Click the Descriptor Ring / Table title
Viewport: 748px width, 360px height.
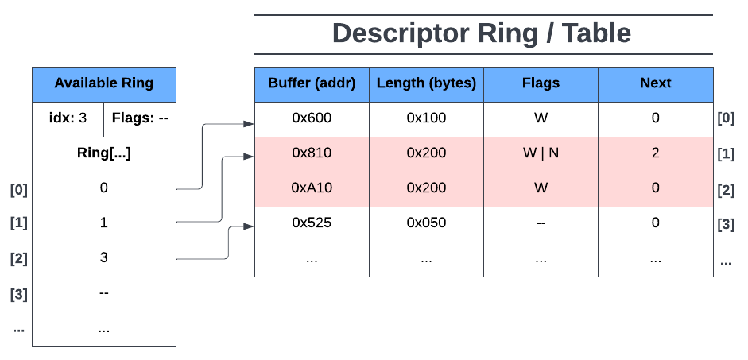click(482, 33)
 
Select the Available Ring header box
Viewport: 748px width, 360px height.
click(103, 83)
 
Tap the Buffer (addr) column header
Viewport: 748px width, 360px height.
click(312, 83)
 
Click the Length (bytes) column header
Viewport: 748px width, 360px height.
click(426, 83)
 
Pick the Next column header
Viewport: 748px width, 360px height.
click(655, 83)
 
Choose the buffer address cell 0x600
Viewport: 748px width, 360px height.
click(312, 118)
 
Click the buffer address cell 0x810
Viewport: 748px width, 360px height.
click(312, 153)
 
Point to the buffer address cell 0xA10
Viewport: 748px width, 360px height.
click(312, 188)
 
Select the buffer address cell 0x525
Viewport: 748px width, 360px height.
click(312, 223)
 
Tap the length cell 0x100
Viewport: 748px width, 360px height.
click(426, 118)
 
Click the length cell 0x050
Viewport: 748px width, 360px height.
click(426, 223)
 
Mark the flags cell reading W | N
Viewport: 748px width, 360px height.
click(541, 153)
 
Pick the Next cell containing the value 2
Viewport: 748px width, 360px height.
click(655, 153)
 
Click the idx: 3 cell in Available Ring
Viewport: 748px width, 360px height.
click(68, 119)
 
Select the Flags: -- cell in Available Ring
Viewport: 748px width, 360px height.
click(140, 119)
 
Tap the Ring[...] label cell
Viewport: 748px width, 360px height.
click(103, 154)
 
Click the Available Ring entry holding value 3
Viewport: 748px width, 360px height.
click(103, 258)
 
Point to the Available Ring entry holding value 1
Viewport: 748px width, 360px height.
click(103, 223)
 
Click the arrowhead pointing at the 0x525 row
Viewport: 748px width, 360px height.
click(249, 226)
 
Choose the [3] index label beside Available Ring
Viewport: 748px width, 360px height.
click(18, 295)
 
